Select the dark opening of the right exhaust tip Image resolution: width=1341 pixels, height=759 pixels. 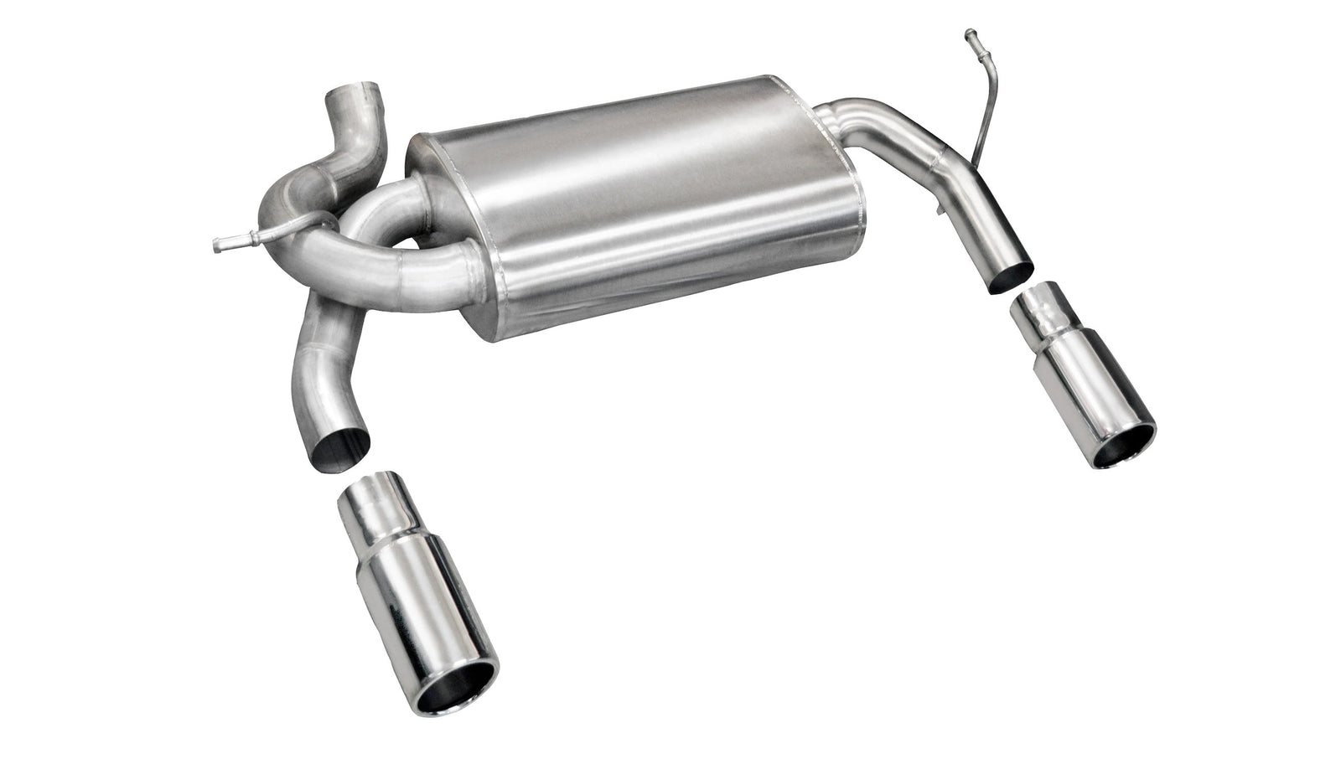[x=1123, y=443]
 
